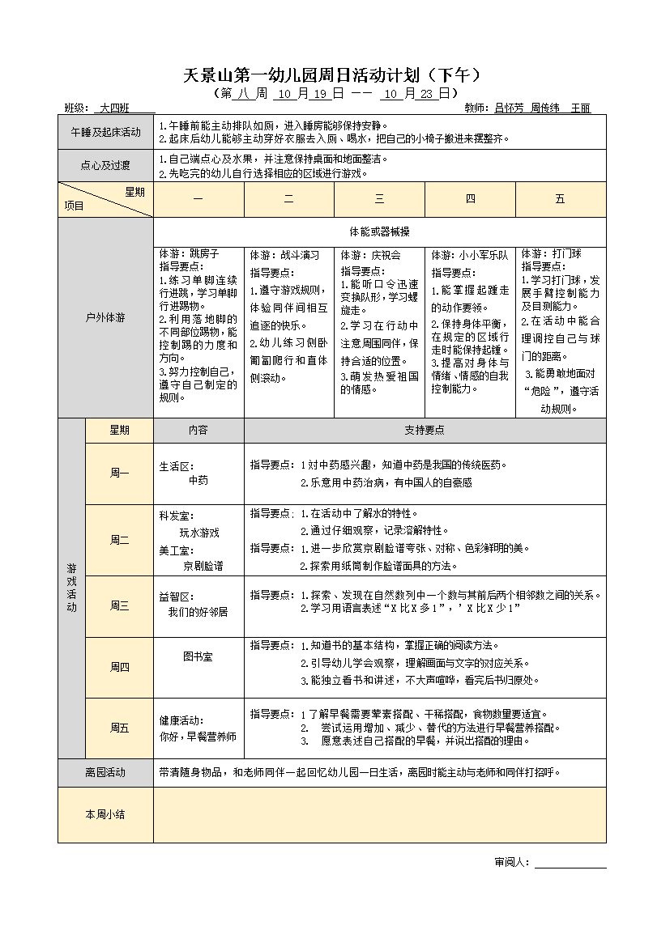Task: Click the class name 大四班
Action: [x=115, y=108]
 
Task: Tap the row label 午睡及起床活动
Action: [x=105, y=132]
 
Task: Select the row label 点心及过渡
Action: [x=105, y=166]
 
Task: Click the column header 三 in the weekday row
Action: [x=379, y=199]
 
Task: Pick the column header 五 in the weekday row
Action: [x=560, y=199]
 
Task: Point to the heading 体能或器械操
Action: [x=379, y=231]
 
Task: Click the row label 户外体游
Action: [x=105, y=318]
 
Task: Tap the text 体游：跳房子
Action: [x=189, y=254]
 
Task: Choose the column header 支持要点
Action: [x=425, y=431]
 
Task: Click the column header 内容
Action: [x=198, y=431]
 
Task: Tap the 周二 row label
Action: [x=119, y=540]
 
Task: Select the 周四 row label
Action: [x=119, y=667]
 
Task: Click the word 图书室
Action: [x=198, y=656]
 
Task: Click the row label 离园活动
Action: [x=105, y=772]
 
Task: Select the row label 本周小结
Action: [x=105, y=814]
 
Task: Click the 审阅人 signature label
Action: [x=512, y=861]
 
